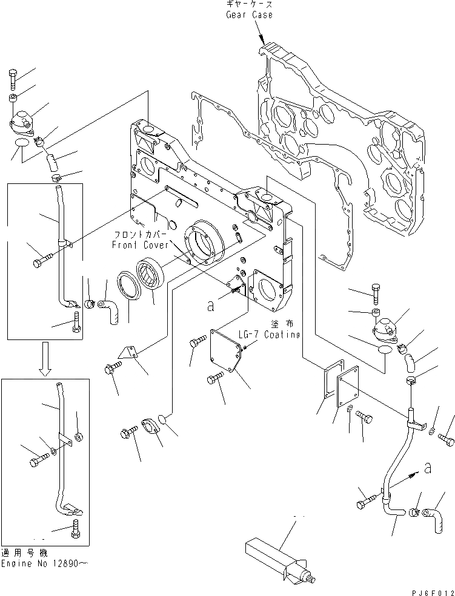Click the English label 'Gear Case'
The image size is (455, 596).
[x=250, y=15]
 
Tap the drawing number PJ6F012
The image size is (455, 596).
[x=427, y=591]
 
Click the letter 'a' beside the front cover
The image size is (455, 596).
[x=210, y=306]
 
